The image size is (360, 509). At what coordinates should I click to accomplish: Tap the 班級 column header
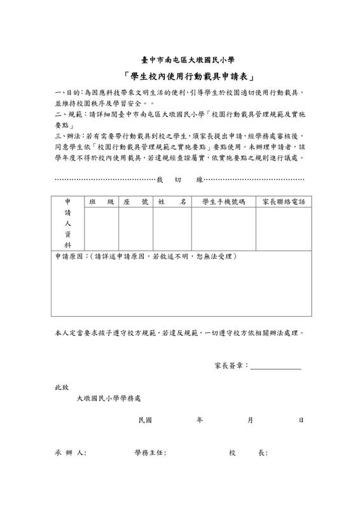click(x=102, y=202)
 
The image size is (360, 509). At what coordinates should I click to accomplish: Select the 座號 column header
click(x=135, y=202)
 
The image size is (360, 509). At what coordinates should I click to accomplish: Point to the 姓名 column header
click(x=172, y=202)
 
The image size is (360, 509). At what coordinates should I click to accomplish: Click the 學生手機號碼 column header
click(x=223, y=202)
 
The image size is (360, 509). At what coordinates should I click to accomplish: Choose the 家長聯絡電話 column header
click(x=284, y=202)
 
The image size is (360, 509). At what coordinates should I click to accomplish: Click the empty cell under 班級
click(x=102, y=229)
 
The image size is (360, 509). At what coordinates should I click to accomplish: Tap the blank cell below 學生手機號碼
click(x=223, y=229)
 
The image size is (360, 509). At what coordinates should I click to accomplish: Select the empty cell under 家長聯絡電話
click(x=284, y=229)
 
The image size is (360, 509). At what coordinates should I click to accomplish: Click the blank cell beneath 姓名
click(x=172, y=229)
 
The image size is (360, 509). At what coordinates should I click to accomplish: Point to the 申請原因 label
click(x=69, y=256)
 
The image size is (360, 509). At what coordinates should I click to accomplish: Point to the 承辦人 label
click(x=70, y=453)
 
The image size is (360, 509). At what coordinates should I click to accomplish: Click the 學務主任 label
click(x=150, y=453)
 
